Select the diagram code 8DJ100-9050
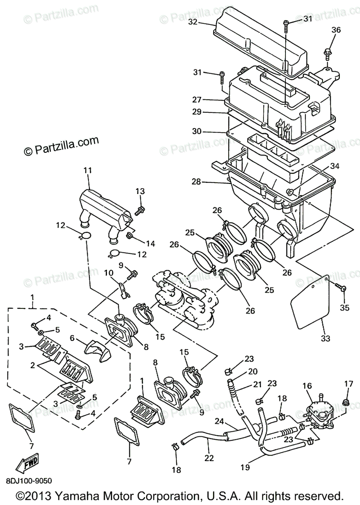click(x=29, y=479)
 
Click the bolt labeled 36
click(x=327, y=53)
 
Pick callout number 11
click(x=88, y=170)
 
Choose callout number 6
click(x=72, y=338)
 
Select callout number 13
click(x=140, y=191)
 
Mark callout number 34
click(x=334, y=167)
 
